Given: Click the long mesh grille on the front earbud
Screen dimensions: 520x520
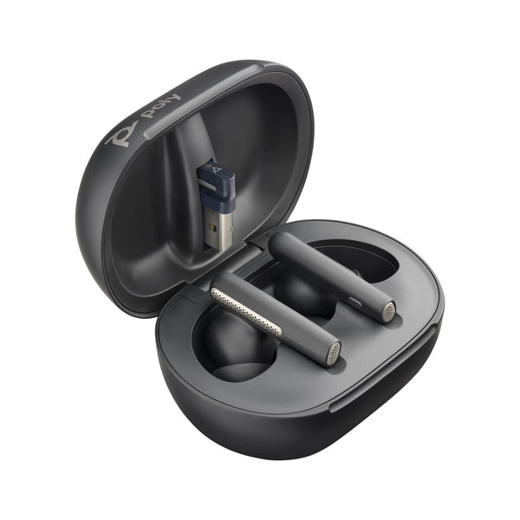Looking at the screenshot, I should point(247,308).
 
